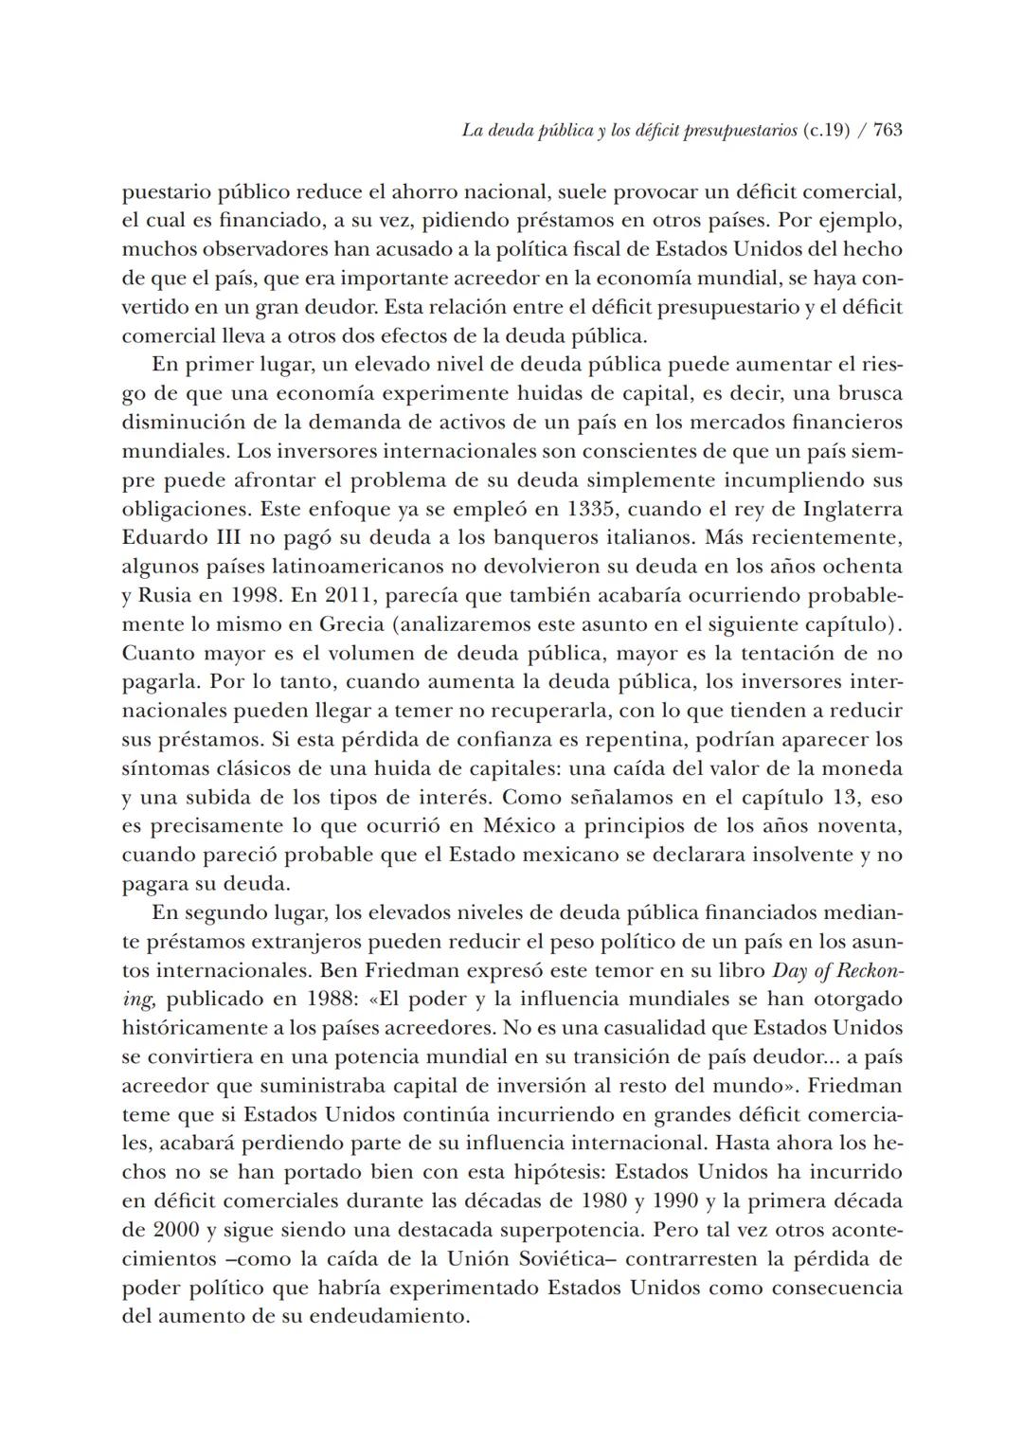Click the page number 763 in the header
pos(887,131)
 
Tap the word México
pos(512,826)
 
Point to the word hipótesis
pos(549,1172)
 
